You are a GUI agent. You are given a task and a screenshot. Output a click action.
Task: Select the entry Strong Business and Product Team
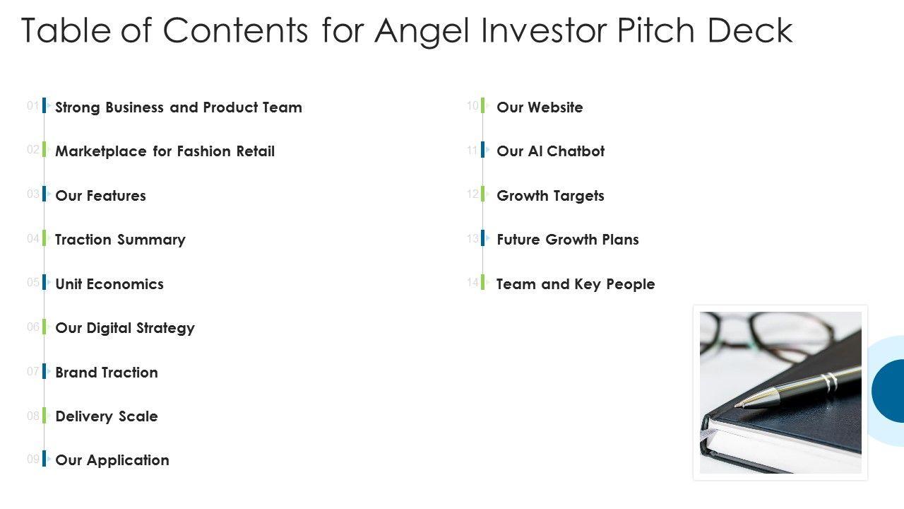179,107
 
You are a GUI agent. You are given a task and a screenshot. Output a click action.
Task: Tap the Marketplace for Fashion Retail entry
165,151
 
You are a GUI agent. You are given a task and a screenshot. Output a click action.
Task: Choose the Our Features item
100,196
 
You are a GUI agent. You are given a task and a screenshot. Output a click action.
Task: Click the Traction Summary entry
120,240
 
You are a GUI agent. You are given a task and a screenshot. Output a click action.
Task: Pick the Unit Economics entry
109,284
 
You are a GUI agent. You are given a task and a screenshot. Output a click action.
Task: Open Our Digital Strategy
125,329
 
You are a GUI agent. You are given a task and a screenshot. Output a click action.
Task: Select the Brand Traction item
107,373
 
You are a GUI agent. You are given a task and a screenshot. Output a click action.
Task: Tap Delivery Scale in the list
107,416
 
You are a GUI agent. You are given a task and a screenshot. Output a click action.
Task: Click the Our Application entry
112,460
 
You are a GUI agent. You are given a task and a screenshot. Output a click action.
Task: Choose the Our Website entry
540,107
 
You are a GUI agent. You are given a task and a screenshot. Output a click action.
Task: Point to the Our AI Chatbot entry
550,151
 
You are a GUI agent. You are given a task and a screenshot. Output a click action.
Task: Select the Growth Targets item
550,196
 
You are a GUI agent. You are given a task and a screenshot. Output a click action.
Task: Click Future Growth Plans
567,240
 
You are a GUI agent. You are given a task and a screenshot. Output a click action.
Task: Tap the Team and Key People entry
576,284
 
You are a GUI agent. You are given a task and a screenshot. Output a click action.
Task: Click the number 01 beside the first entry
32,106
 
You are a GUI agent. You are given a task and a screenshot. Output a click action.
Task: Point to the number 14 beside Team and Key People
472,282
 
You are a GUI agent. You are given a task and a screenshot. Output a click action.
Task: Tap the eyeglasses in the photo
767,336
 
